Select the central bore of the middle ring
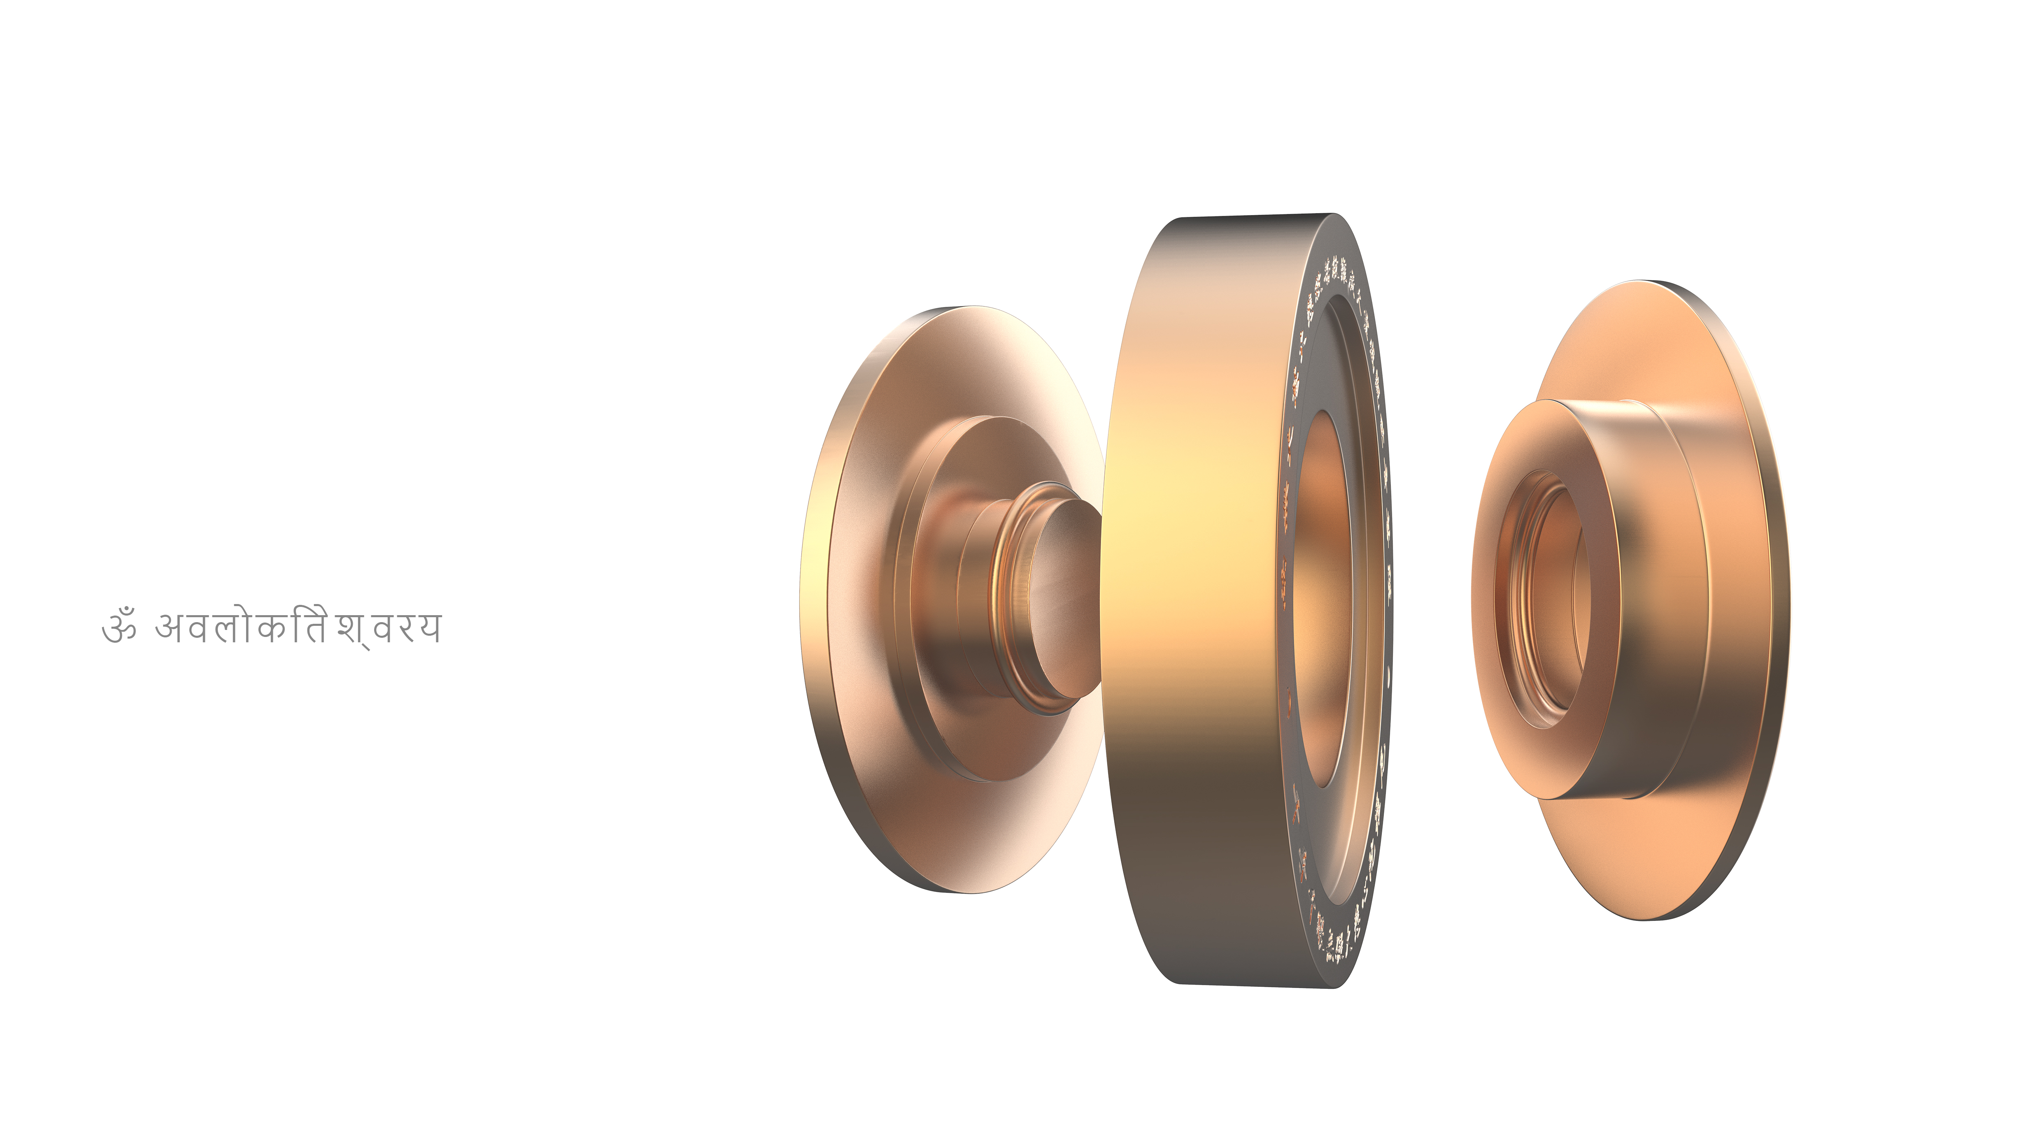1320,602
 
